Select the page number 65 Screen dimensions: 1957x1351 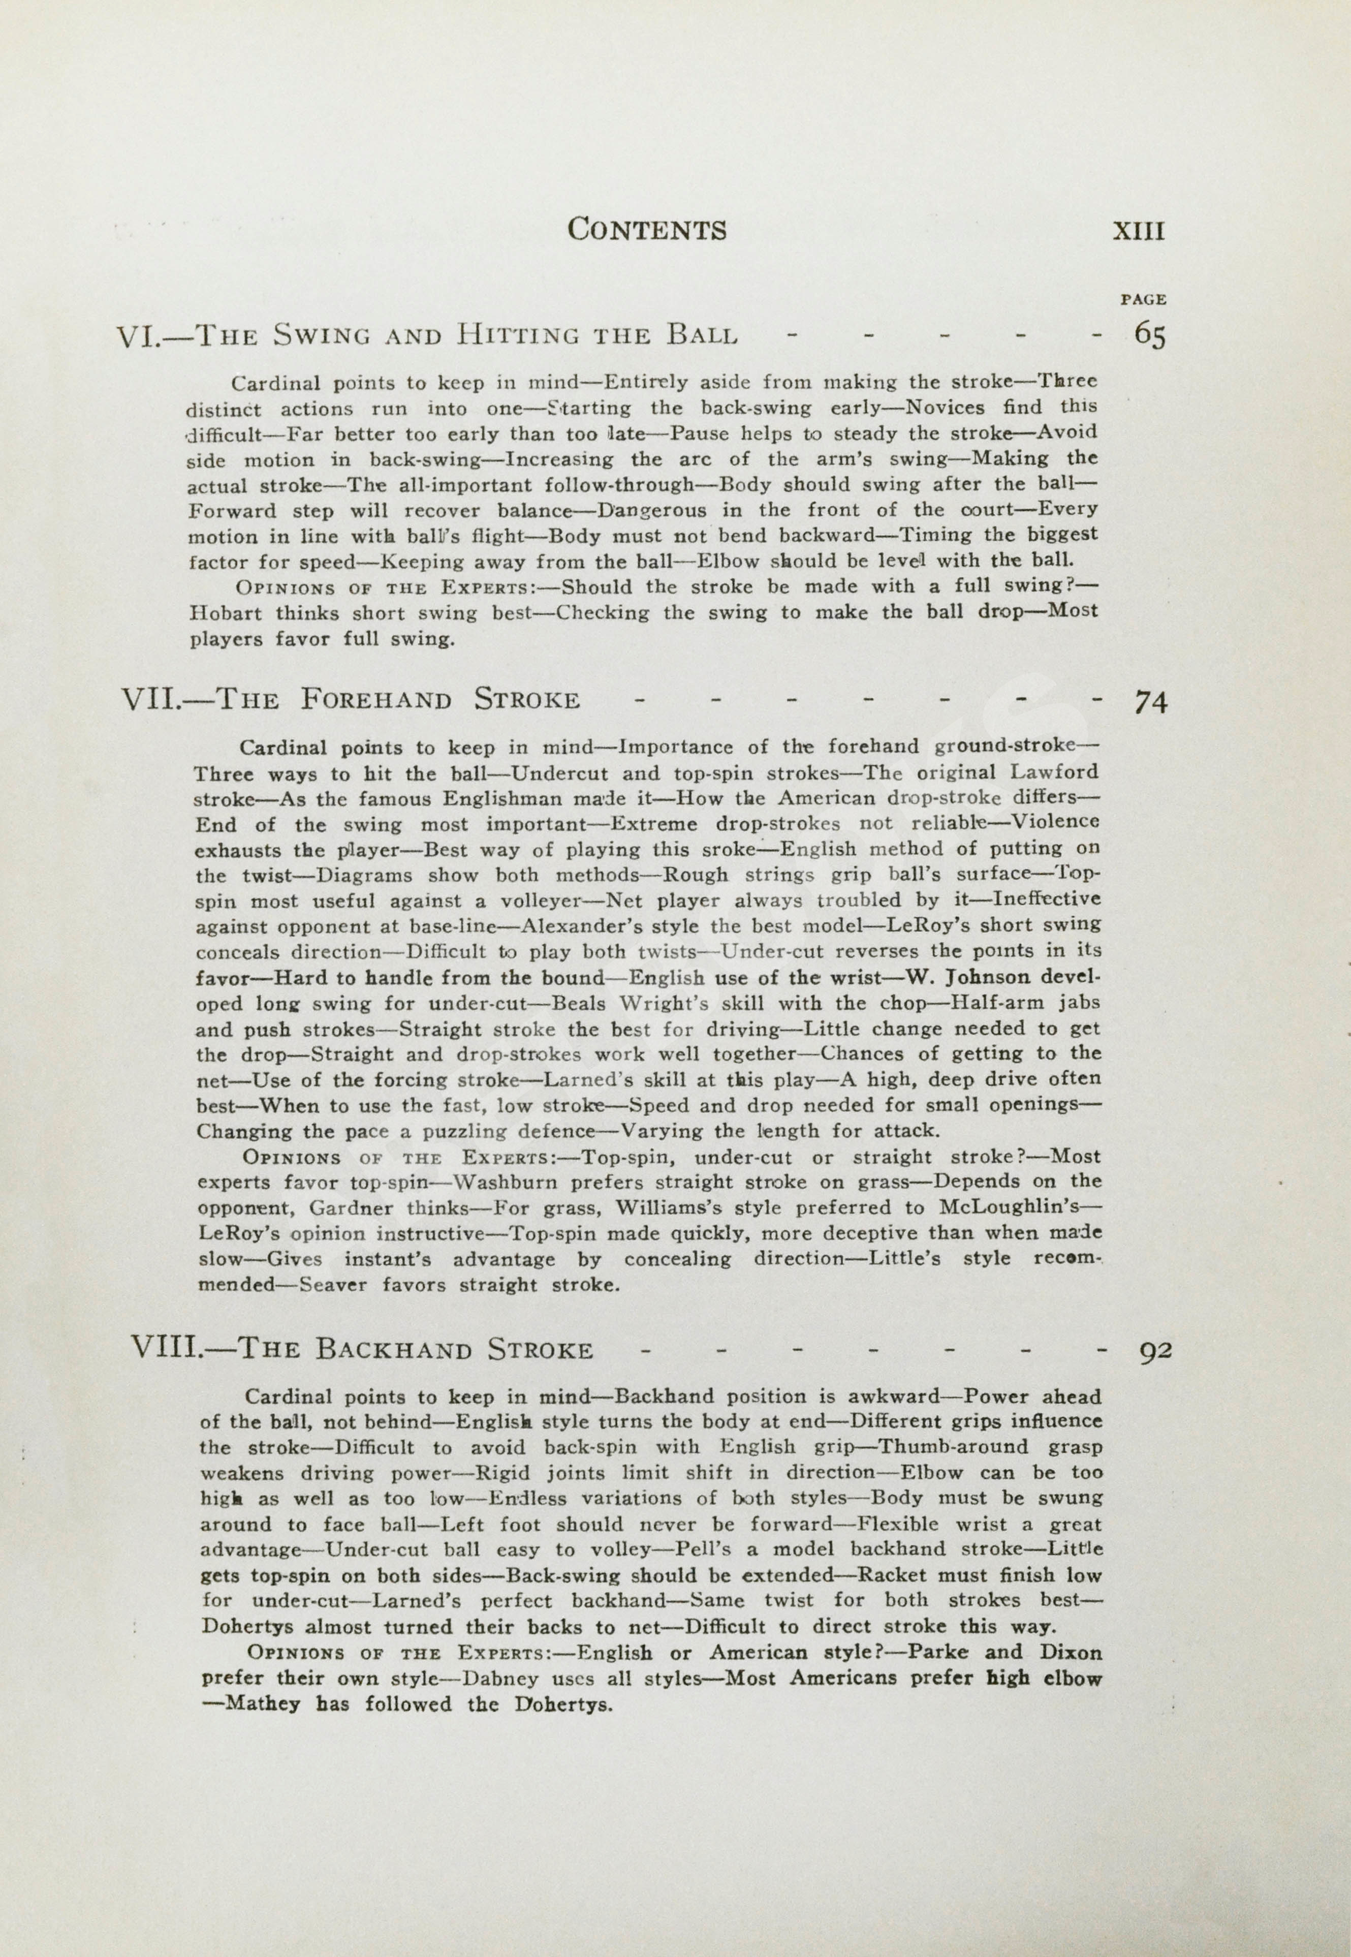pyautogui.click(x=1149, y=336)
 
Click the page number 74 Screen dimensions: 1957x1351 pyautogui.click(x=1150, y=702)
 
